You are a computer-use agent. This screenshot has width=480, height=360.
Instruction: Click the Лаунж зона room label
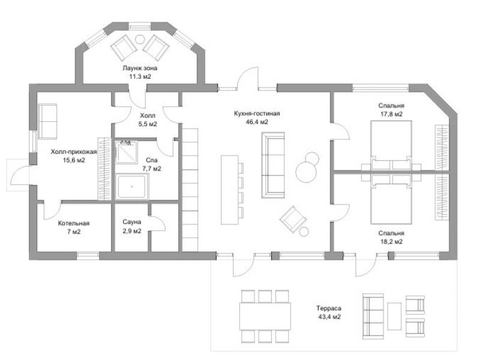tap(140, 68)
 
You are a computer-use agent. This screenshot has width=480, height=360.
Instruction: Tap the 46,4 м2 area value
tap(257, 122)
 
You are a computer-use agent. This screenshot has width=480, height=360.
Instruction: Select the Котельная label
tap(74, 223)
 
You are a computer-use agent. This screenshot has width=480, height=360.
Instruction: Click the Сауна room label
tap(132, 221)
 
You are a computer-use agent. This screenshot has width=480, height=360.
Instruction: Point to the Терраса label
tap(329, 308)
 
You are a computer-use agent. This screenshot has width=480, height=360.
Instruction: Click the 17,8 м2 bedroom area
tap(391, 114)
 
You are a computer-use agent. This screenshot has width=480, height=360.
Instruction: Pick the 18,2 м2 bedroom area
tap(391, 242)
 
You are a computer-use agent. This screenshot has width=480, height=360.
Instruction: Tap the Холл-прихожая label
tap(74, 152)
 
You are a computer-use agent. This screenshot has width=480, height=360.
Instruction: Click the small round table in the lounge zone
tap(140, 39)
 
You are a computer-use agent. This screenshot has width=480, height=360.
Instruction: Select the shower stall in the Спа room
tap(126, 152)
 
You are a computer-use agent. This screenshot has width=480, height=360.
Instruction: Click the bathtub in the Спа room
tap(132, 186)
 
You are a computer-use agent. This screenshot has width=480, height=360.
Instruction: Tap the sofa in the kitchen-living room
tap(273, 166)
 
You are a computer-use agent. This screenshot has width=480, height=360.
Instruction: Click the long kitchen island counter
tap(230, 190)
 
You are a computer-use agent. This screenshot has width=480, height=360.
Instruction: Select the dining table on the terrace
tap(265, 316)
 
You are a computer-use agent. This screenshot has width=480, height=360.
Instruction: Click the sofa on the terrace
tap(373, 316)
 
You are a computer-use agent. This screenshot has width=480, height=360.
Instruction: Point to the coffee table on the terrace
tap(394, 316)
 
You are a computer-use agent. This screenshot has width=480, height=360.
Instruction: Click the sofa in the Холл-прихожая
tap(47, 122)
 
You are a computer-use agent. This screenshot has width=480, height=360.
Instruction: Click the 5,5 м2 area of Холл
tap(148, 124)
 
